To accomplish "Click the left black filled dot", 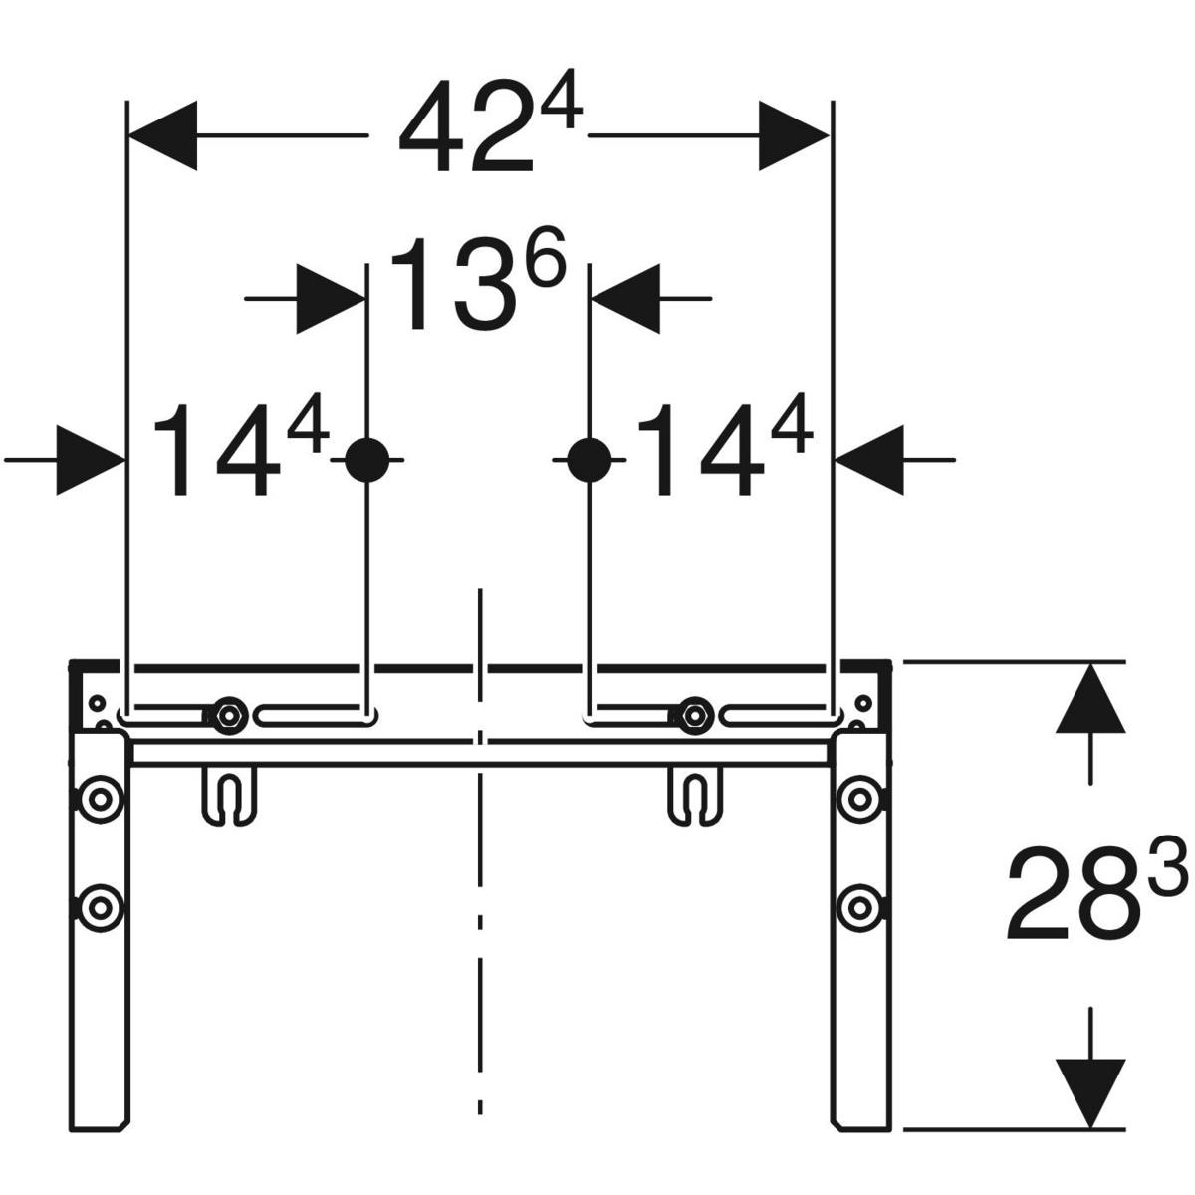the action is click(x=367, y=460).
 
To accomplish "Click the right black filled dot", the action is click(x=590, y=460).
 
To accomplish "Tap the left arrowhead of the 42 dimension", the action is click(x=162, y=135).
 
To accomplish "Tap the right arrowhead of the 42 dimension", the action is click(x=794, y=135).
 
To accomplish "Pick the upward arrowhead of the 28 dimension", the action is click(x=1090, y=697).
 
